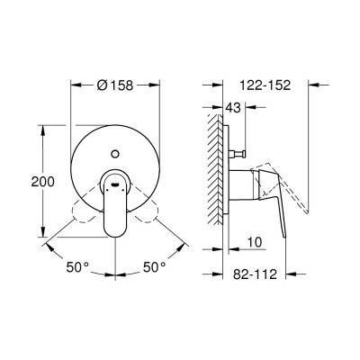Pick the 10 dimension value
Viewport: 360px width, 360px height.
click(256, 242)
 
